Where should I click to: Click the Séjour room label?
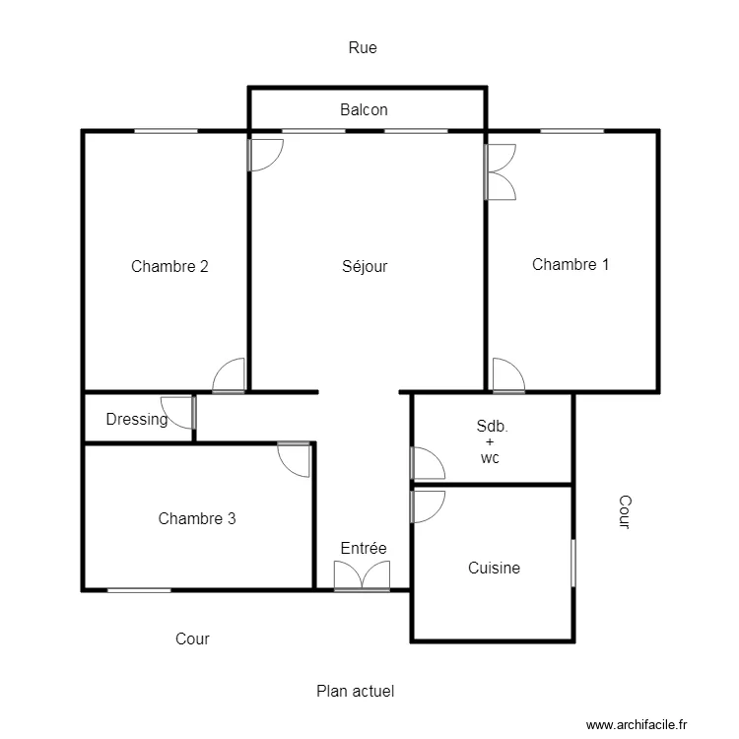(365, 266)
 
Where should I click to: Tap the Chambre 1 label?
(571, 264)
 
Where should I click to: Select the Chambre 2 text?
(169, 266)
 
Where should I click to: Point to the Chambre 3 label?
(197, 518)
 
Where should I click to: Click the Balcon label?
(364, 109)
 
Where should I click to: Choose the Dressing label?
(136, 419)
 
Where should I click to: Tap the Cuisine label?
(494, 568)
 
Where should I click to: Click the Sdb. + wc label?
(491, 441)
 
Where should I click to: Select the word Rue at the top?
(363, 47)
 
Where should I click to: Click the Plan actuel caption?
(355, 692)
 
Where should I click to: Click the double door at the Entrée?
(363, 576)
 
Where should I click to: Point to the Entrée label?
(364, 548)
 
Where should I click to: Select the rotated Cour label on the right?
(623, 512)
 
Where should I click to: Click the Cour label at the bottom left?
(192, 638)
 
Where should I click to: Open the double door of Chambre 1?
(501, 172)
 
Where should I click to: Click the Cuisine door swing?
(427, 505)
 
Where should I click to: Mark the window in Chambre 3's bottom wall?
(139, 590)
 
